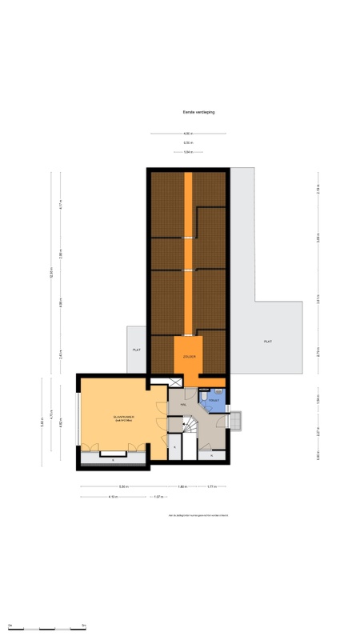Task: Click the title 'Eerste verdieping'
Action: [198, 113]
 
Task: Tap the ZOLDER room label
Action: [189, 356]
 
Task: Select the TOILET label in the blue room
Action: [214, 400]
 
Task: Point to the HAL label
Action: [183, 406]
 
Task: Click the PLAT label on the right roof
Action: [267, 342]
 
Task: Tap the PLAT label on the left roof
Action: [137, 350]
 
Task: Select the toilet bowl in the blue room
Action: [205, 394]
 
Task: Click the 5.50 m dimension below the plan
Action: [124, 486]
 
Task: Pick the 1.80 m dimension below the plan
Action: [182, 486]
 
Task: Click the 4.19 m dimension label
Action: [114, 497]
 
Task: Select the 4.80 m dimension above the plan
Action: [186, 133]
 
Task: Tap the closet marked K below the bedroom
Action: [113, 460]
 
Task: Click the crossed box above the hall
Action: [160, 382]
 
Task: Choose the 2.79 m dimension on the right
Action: [318, 350]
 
